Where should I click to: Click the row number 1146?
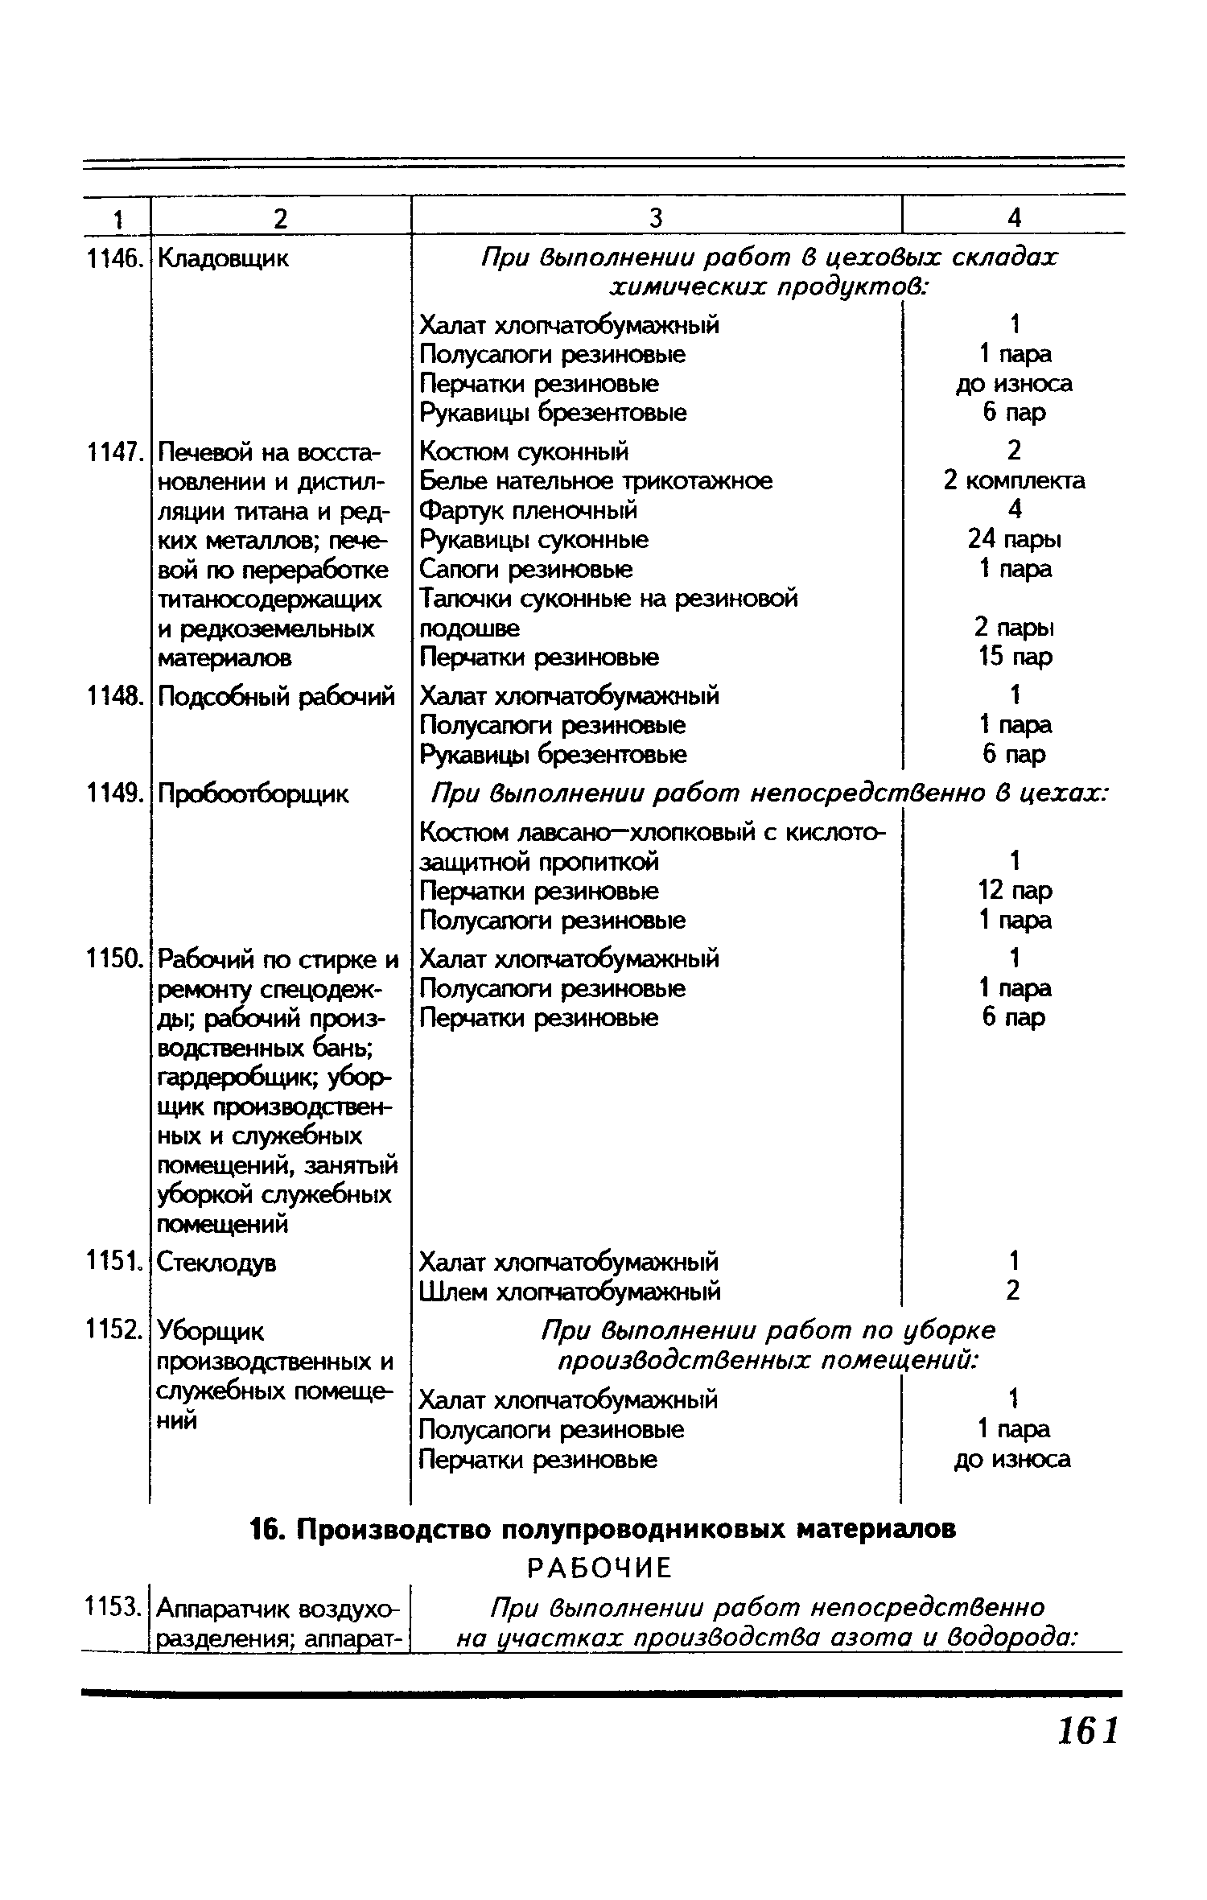pos(115,259)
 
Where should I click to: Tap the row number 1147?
pos(115,452)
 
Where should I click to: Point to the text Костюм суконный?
pos(524,451)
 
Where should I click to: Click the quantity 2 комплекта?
pos(1014,480)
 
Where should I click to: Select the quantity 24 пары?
pos(1014,538)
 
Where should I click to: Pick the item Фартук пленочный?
pos(529,509)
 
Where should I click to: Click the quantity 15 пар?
pos(1014,657)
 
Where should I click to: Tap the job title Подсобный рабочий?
pos(276,696)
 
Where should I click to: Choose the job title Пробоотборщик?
pos(253,794)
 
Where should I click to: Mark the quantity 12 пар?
pos(1014,891)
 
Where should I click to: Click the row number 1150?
pos(115,959)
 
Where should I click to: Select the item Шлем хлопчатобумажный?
pos(570,1292)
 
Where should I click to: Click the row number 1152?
pos(115,1332)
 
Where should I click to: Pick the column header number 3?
pos(656,218)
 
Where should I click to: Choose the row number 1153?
pos(115,1609)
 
